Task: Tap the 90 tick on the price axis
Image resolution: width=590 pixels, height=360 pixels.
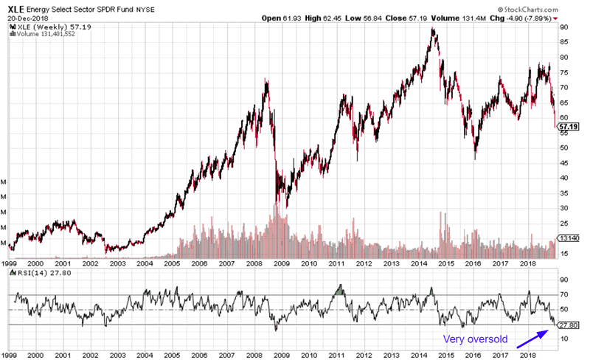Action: click(563, 27)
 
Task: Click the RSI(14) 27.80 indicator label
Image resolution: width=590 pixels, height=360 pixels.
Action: click(38, 272)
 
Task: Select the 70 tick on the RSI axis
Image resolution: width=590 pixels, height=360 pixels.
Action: click(563, 296)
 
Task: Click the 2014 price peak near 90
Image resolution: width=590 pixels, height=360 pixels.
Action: click(433, 30)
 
